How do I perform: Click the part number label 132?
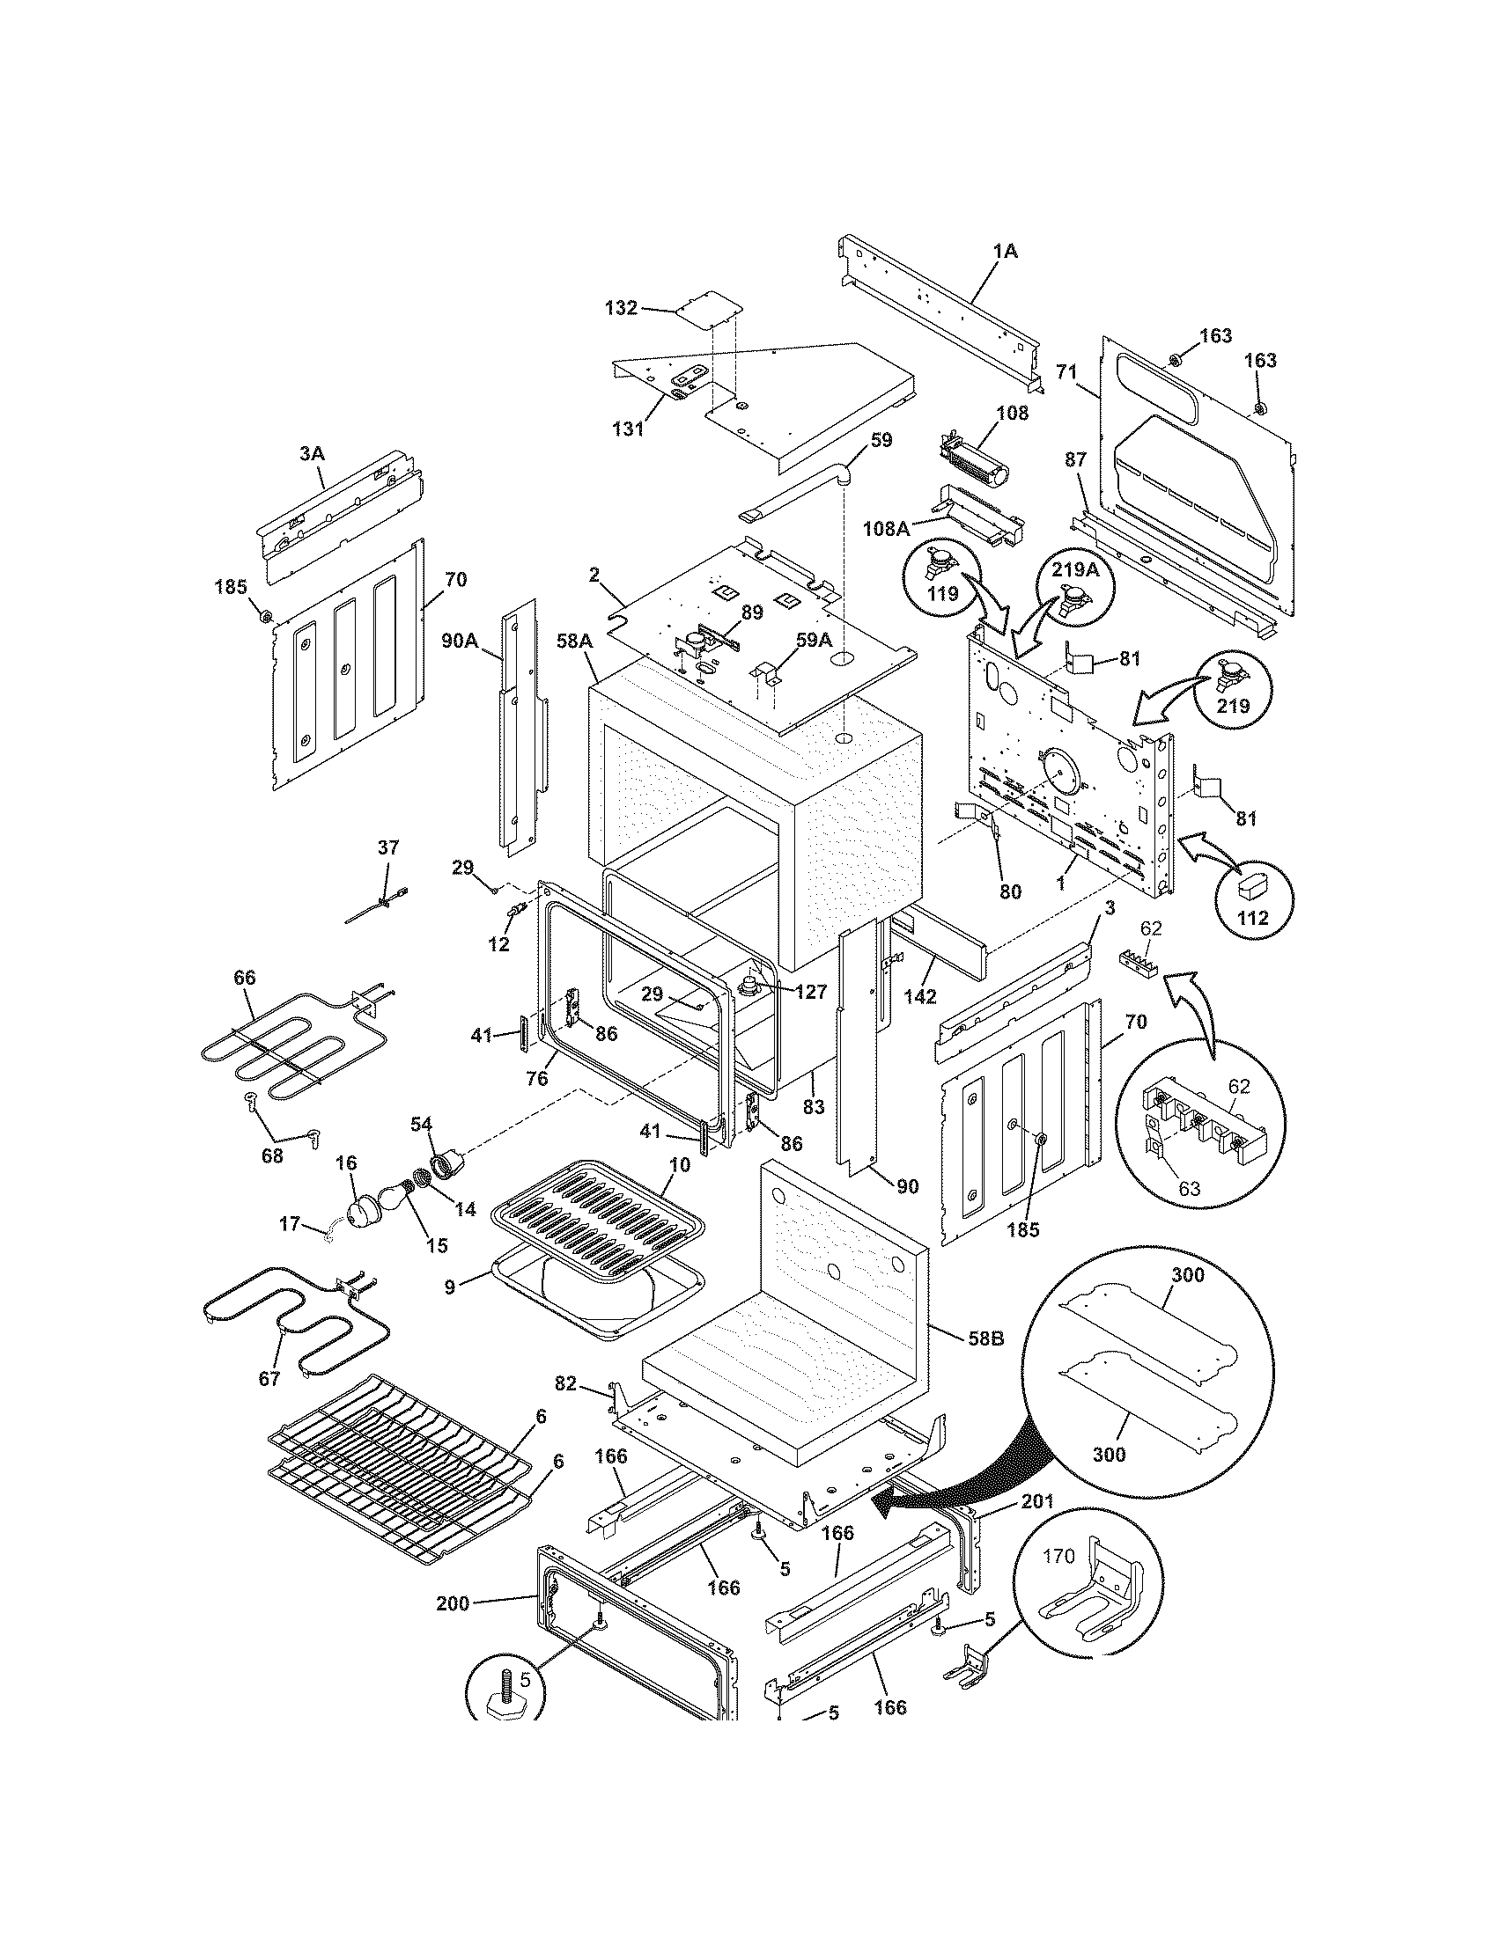coord(620,308)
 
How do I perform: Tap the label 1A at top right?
coord(1005,252)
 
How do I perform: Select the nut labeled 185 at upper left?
coord(263,614)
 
